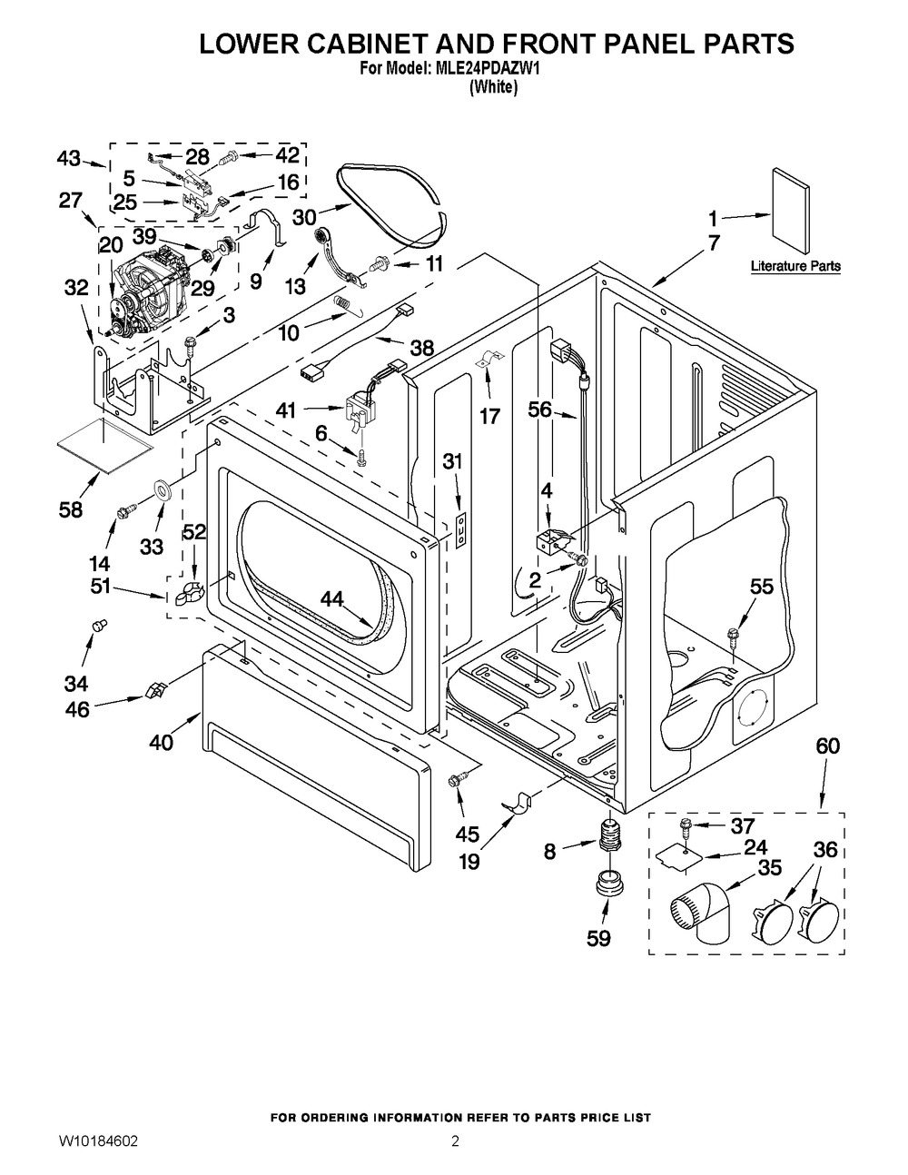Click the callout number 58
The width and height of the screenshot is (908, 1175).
coord(70,509)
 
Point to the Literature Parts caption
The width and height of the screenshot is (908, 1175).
coord(795,267)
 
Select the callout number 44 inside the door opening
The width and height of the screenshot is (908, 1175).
coord(333,597)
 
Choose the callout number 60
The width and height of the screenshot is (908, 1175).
coord(827,746)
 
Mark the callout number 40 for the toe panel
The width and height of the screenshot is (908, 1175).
coord(162,743)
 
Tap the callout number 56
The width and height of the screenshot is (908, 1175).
coord(540,410)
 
